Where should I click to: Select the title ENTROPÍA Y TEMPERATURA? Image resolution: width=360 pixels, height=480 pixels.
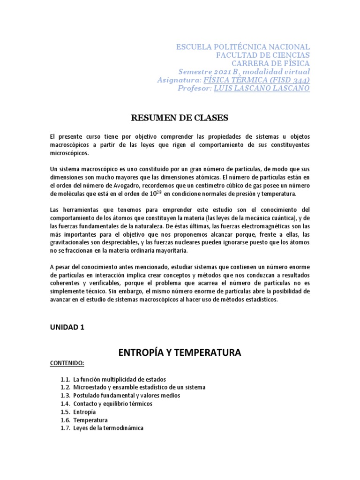point(180,352)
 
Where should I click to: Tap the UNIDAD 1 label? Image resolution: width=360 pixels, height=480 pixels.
point(67,327)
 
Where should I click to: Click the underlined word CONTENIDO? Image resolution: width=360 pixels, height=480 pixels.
point(67,363)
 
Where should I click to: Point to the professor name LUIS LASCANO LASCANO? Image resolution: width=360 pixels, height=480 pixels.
point(262,88)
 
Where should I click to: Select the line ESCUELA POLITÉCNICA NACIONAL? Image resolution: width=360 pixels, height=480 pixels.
point(242,47)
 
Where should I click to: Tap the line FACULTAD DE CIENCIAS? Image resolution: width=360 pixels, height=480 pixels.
point(262,55)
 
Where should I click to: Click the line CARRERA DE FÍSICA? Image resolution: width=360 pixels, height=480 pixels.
point(270,63)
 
